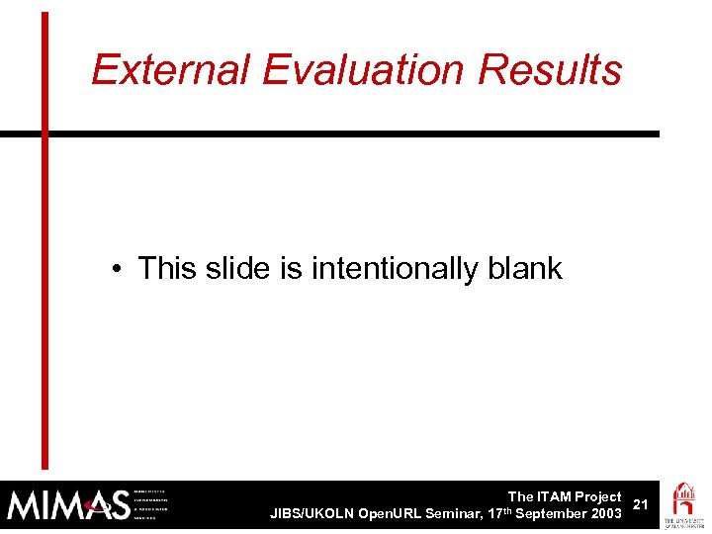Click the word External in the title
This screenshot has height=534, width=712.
172,70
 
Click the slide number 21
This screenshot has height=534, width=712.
640,504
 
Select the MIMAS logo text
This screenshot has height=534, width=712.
67,505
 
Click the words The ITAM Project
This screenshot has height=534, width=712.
564,496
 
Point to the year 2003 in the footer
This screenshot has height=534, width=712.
604,513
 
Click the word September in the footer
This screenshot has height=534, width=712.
549,513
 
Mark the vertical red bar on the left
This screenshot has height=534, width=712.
44,237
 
